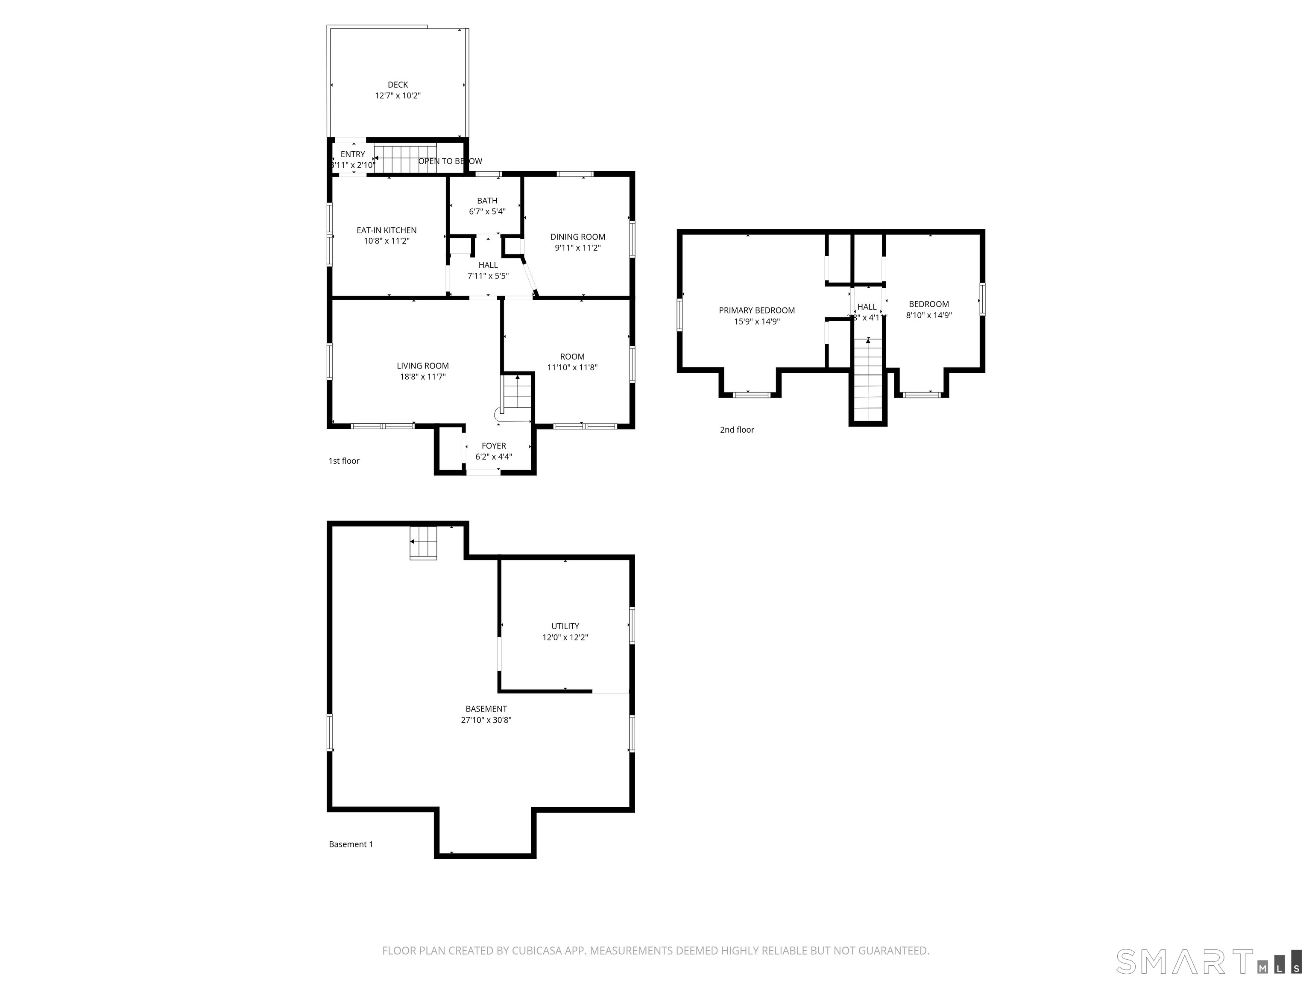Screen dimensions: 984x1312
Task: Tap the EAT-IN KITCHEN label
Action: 386,230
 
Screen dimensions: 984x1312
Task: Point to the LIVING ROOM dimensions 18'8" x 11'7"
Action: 422,377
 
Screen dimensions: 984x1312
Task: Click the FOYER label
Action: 493,446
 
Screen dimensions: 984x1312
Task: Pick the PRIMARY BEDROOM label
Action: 756,310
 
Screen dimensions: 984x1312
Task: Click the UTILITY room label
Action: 565,626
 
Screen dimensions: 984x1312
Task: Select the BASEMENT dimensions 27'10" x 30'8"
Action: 486,720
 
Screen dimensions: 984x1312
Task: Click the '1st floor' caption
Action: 344,461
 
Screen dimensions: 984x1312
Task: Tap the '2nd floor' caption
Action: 737,429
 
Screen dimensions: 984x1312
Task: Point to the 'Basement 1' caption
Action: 351,844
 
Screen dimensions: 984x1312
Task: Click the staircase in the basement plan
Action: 424,543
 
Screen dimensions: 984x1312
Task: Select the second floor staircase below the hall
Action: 868,380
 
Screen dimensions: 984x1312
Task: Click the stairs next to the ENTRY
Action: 405,159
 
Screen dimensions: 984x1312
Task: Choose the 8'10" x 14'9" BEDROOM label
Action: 928,304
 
